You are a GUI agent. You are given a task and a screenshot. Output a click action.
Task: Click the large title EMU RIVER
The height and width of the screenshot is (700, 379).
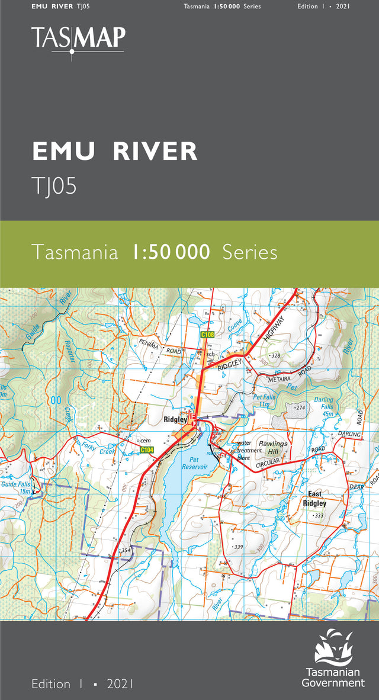(115, 152)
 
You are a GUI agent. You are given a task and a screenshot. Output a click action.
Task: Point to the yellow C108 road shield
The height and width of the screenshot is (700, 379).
(207, 335)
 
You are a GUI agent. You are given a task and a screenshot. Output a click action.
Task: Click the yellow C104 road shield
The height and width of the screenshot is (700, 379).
(147, 450)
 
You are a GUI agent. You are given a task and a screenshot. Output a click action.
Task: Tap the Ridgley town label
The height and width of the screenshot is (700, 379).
(175, 420)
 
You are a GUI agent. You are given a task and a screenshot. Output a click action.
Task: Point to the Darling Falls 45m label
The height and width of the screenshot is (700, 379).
(324, 407)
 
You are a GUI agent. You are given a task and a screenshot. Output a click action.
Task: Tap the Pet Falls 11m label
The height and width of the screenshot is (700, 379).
(261, 400)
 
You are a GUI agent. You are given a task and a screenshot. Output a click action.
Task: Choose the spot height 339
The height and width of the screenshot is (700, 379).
(238, 547)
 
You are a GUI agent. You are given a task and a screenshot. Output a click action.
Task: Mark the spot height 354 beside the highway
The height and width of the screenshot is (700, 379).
(125, 551)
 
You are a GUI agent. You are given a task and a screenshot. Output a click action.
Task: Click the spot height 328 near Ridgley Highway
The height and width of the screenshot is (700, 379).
(274, 355)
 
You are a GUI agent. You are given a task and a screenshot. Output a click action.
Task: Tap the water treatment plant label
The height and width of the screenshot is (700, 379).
(249, 451)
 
